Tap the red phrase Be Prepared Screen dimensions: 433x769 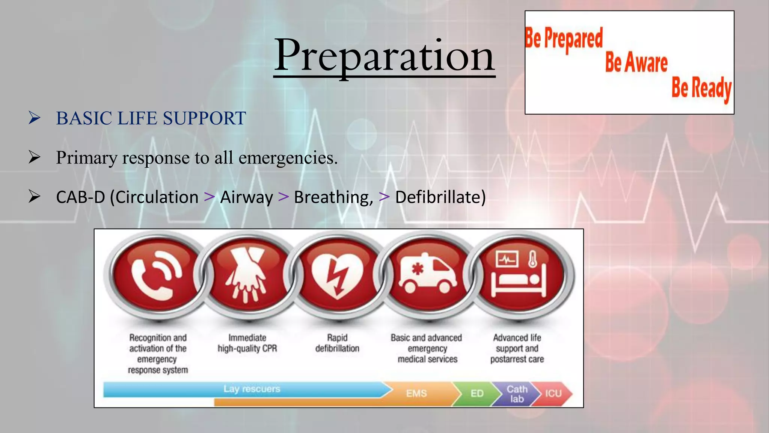pyautogui.click(x=563, y=39)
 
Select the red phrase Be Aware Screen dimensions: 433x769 pyautogui.click(x=636, y=62)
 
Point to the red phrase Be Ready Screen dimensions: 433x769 pyautogui.click(x=701, y=88)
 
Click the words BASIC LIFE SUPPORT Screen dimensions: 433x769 pyautogui.click(x=151, y=118)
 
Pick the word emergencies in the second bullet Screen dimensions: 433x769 pyautogui.click(x=288, y=158)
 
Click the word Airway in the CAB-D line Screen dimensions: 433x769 pyautogui.click(x=246, y=197)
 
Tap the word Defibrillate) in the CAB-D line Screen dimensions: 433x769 pyautogui.click(x=440, y=197)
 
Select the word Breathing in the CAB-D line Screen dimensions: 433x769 pyautogui.click(x=333, y=197)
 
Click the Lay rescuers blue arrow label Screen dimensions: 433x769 pyautogui.click(x=252, y=389)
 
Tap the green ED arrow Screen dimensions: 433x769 pyautogui.click(x=477, y=394)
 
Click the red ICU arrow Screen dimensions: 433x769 pyautogui.click(x=553, y=394)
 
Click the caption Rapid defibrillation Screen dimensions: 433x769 pyautogui.click(x=337, y=343)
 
